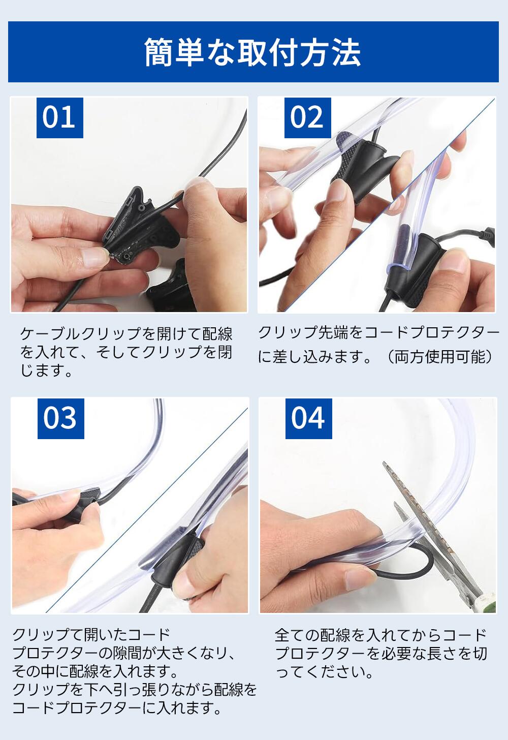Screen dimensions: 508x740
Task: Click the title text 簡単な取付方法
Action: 252,52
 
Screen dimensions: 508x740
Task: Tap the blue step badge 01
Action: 60,117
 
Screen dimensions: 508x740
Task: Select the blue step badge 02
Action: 307,117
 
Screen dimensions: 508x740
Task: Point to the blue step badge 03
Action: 61,419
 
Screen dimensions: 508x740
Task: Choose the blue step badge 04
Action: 308,419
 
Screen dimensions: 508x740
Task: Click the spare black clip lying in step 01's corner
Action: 169,288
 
